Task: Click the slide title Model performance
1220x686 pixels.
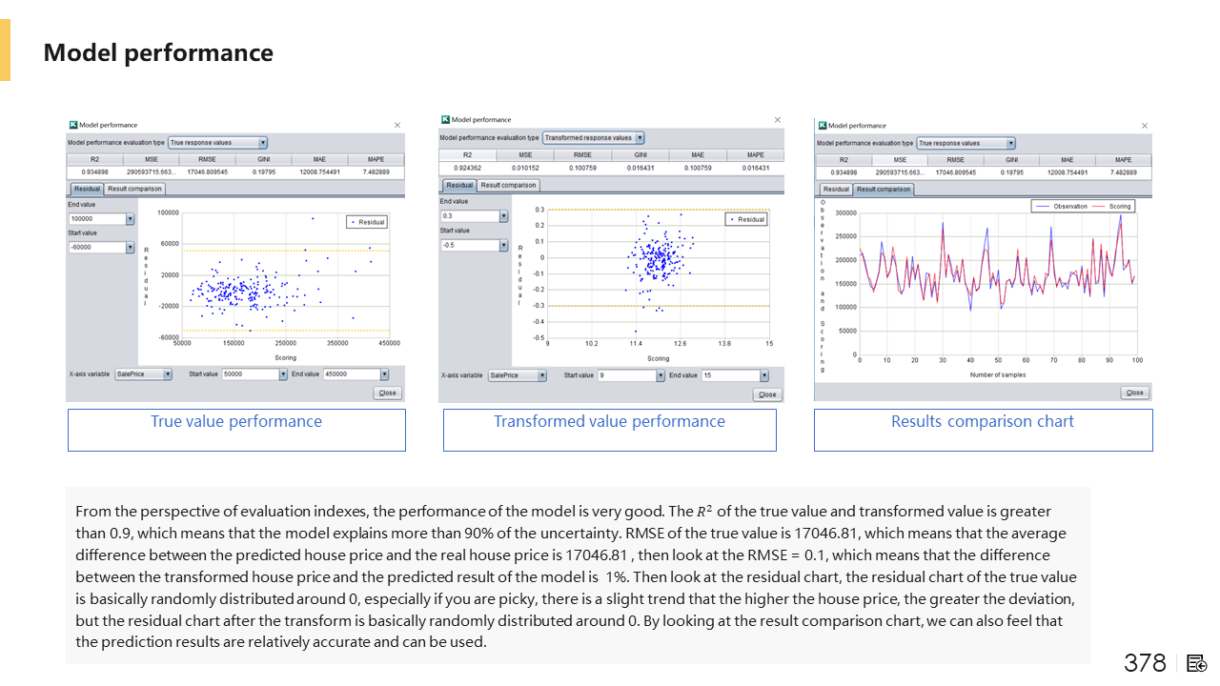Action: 158,52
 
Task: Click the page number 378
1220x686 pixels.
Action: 1145,663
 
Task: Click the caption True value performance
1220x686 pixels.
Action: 236,421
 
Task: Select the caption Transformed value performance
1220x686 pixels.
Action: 609,421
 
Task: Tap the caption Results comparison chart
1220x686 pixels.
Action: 983,421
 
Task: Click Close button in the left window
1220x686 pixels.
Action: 388,393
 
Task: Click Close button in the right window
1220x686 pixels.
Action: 1134,393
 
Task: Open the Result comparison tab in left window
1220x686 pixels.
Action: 134,189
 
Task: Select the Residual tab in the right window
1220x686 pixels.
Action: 836,190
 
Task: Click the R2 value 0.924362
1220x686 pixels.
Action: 467,168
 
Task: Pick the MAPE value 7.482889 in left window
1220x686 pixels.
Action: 376,172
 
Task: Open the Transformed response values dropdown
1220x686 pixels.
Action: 593,138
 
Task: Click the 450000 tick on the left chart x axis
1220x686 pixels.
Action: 389,343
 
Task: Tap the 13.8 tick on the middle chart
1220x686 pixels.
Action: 724,343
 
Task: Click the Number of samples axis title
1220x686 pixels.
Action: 998,374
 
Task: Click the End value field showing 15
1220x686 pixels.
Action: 735,375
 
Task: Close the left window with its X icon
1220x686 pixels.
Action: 397,125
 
